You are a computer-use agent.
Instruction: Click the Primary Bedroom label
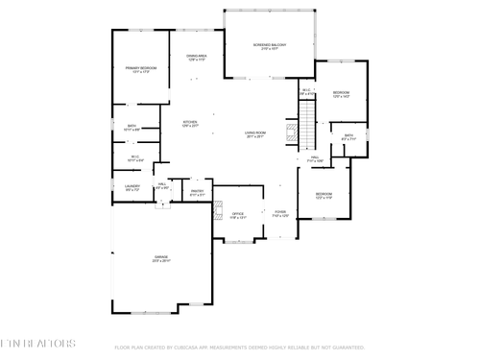(140, 70)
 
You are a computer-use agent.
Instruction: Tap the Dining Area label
(197, 58)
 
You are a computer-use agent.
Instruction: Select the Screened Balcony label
(270, 46)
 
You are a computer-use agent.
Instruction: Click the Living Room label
(255, 134)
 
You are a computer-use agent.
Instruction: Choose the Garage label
(160, 258)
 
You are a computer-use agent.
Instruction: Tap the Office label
(238, 215)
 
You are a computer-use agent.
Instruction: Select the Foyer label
(280, 213)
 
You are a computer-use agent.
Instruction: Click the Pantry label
(197, 193)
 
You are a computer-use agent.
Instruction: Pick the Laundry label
(132, 187)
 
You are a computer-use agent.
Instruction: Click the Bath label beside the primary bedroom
(132, 127)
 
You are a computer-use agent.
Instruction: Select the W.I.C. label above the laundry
(135, 157)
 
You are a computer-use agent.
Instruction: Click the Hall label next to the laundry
(162, 186)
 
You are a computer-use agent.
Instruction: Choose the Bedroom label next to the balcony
(341, 94)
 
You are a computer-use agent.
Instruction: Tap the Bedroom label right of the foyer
(324, 196)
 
